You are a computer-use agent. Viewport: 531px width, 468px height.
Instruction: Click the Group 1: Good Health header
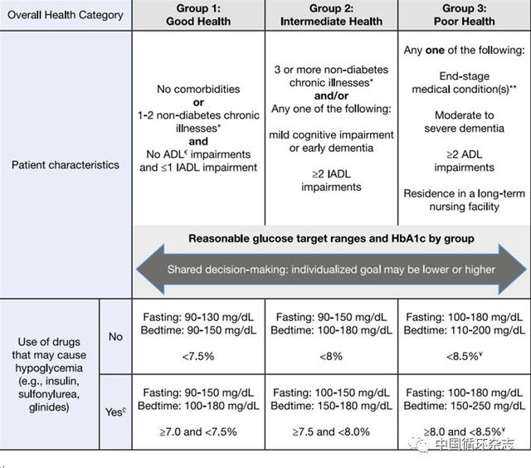[198, 15]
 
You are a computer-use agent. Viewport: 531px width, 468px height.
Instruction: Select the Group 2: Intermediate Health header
[331, 15]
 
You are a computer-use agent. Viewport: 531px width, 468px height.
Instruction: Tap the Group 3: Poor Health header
[465, 15]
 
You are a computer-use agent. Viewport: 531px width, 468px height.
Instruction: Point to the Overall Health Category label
[66, 15]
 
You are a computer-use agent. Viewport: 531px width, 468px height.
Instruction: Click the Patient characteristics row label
[66, 165]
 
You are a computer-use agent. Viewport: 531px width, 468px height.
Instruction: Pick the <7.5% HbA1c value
[198, 356]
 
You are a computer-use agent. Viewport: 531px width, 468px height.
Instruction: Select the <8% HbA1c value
[331, 356]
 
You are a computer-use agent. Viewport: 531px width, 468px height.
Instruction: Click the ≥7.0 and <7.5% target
[198, 431]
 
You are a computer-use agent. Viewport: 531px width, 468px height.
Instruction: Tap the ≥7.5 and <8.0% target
[331, 431]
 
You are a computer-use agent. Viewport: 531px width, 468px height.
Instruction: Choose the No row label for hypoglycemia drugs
[115, 337]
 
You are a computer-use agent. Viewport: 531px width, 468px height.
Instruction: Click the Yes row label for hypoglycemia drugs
[115, 412]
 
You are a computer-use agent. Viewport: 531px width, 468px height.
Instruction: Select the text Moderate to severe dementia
[465, 122]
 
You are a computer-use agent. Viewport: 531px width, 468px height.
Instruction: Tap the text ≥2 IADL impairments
[331, 181]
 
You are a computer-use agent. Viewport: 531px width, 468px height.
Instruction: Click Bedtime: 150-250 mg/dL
[465, 406]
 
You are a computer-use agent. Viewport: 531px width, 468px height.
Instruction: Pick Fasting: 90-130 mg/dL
[198, 317]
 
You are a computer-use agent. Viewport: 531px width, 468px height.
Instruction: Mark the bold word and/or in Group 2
[331, 95]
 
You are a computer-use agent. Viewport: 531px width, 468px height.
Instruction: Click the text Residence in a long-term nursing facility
[465, 200]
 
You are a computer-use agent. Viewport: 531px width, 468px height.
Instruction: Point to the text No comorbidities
[198, 89]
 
